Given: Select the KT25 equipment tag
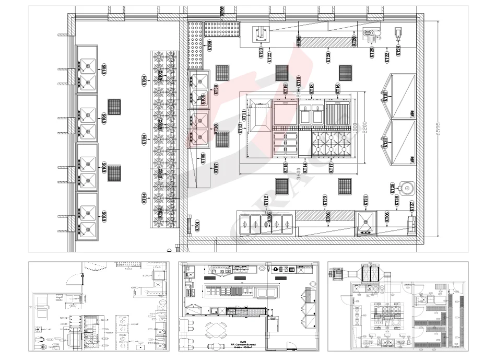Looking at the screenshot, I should (372, 52).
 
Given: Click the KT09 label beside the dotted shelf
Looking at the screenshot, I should (210, 45).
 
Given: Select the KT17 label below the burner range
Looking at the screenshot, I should (331, 168).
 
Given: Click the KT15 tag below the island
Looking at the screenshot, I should (286, 168).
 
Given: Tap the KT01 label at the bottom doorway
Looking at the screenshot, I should (197, 226).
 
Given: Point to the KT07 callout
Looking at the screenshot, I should (216, 168).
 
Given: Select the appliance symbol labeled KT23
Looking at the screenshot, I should (261, 35).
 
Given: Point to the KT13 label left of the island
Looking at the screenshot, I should (241, 130).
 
